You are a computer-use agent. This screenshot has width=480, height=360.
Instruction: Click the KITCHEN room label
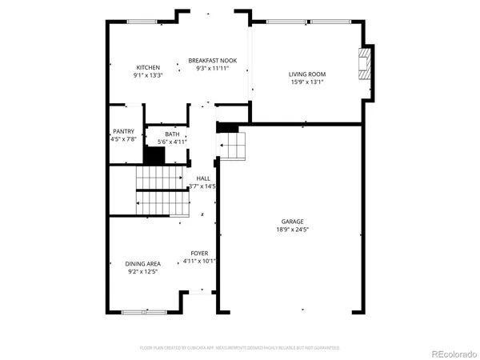tap(148, 67)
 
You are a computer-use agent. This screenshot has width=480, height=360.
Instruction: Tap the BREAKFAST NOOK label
tap(213, 60)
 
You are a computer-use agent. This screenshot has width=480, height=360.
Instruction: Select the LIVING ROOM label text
tap(307, 74)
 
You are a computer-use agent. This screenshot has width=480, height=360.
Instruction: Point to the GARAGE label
tap(292, 222)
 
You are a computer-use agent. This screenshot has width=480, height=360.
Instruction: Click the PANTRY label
tap(123, 132)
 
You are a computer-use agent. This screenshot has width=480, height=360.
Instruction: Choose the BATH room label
tap(172, 134)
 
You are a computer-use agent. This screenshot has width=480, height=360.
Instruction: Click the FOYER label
tap(199, 253)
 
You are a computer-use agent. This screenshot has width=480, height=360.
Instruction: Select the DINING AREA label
tap(142, 263)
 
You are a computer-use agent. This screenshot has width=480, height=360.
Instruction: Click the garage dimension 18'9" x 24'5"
tap(292, 230)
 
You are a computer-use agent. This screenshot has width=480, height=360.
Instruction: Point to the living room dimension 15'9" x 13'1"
tap(307, 82)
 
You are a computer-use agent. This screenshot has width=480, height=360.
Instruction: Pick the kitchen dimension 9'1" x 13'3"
tap(148, 75)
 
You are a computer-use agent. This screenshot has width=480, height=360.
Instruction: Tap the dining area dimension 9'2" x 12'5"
tap(142, 271)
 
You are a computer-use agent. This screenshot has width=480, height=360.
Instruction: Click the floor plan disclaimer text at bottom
tap(240, 348)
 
